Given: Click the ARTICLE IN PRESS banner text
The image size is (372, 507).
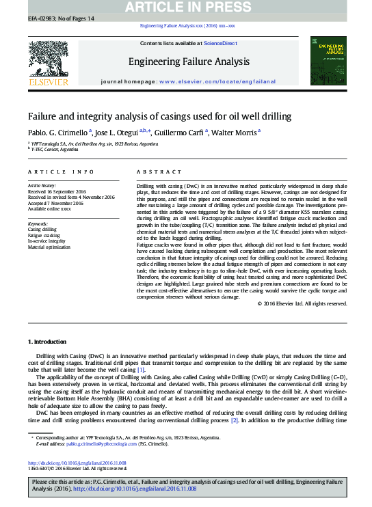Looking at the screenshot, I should click(x=186, y=7).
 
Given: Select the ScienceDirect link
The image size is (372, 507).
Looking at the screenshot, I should click(x=220, y=44).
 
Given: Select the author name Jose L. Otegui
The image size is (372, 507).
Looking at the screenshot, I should click(x=116, y=132).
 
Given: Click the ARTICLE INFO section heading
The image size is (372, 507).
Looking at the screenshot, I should click(x=62, y=172).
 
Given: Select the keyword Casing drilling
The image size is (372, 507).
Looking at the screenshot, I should click(x=42, y=229).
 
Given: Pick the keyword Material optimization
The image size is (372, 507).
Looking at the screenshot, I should click(x=49, y=247).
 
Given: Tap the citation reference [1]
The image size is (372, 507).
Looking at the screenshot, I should click(x=141, y=370).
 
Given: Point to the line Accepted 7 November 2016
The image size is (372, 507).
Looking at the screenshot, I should click(x=55, y=203).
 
